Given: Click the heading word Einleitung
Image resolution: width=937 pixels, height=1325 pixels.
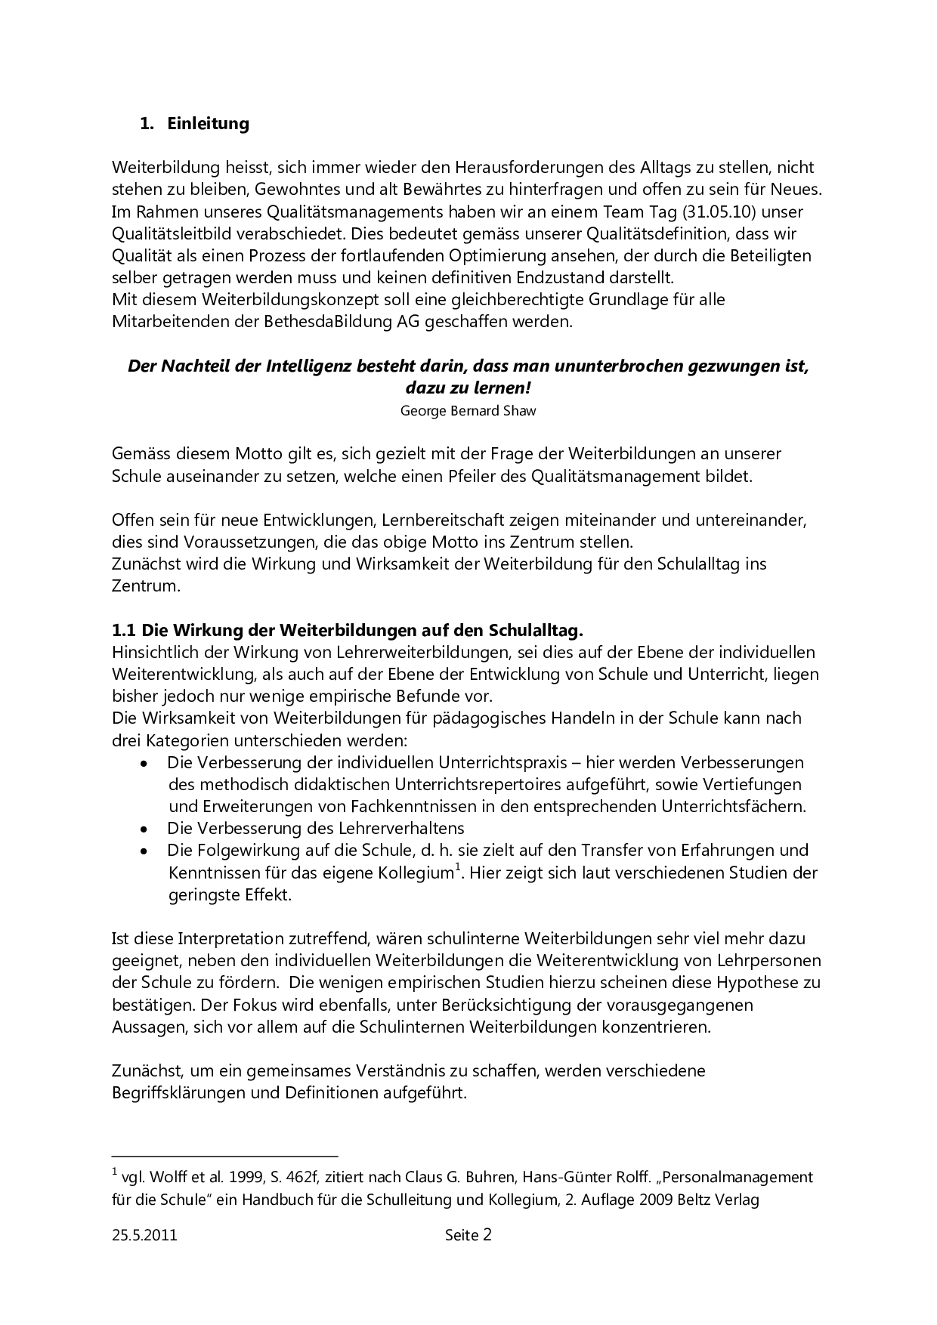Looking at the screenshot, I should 208,124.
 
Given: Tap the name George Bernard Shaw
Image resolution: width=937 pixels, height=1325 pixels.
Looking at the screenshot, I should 468,411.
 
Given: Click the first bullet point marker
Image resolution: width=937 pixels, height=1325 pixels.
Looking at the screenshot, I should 144,763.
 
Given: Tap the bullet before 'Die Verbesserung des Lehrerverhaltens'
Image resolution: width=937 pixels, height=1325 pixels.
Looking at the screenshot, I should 144,829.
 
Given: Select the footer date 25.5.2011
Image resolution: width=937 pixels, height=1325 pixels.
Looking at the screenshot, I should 144,1236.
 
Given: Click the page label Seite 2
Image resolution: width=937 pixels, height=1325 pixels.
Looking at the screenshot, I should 468,1236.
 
